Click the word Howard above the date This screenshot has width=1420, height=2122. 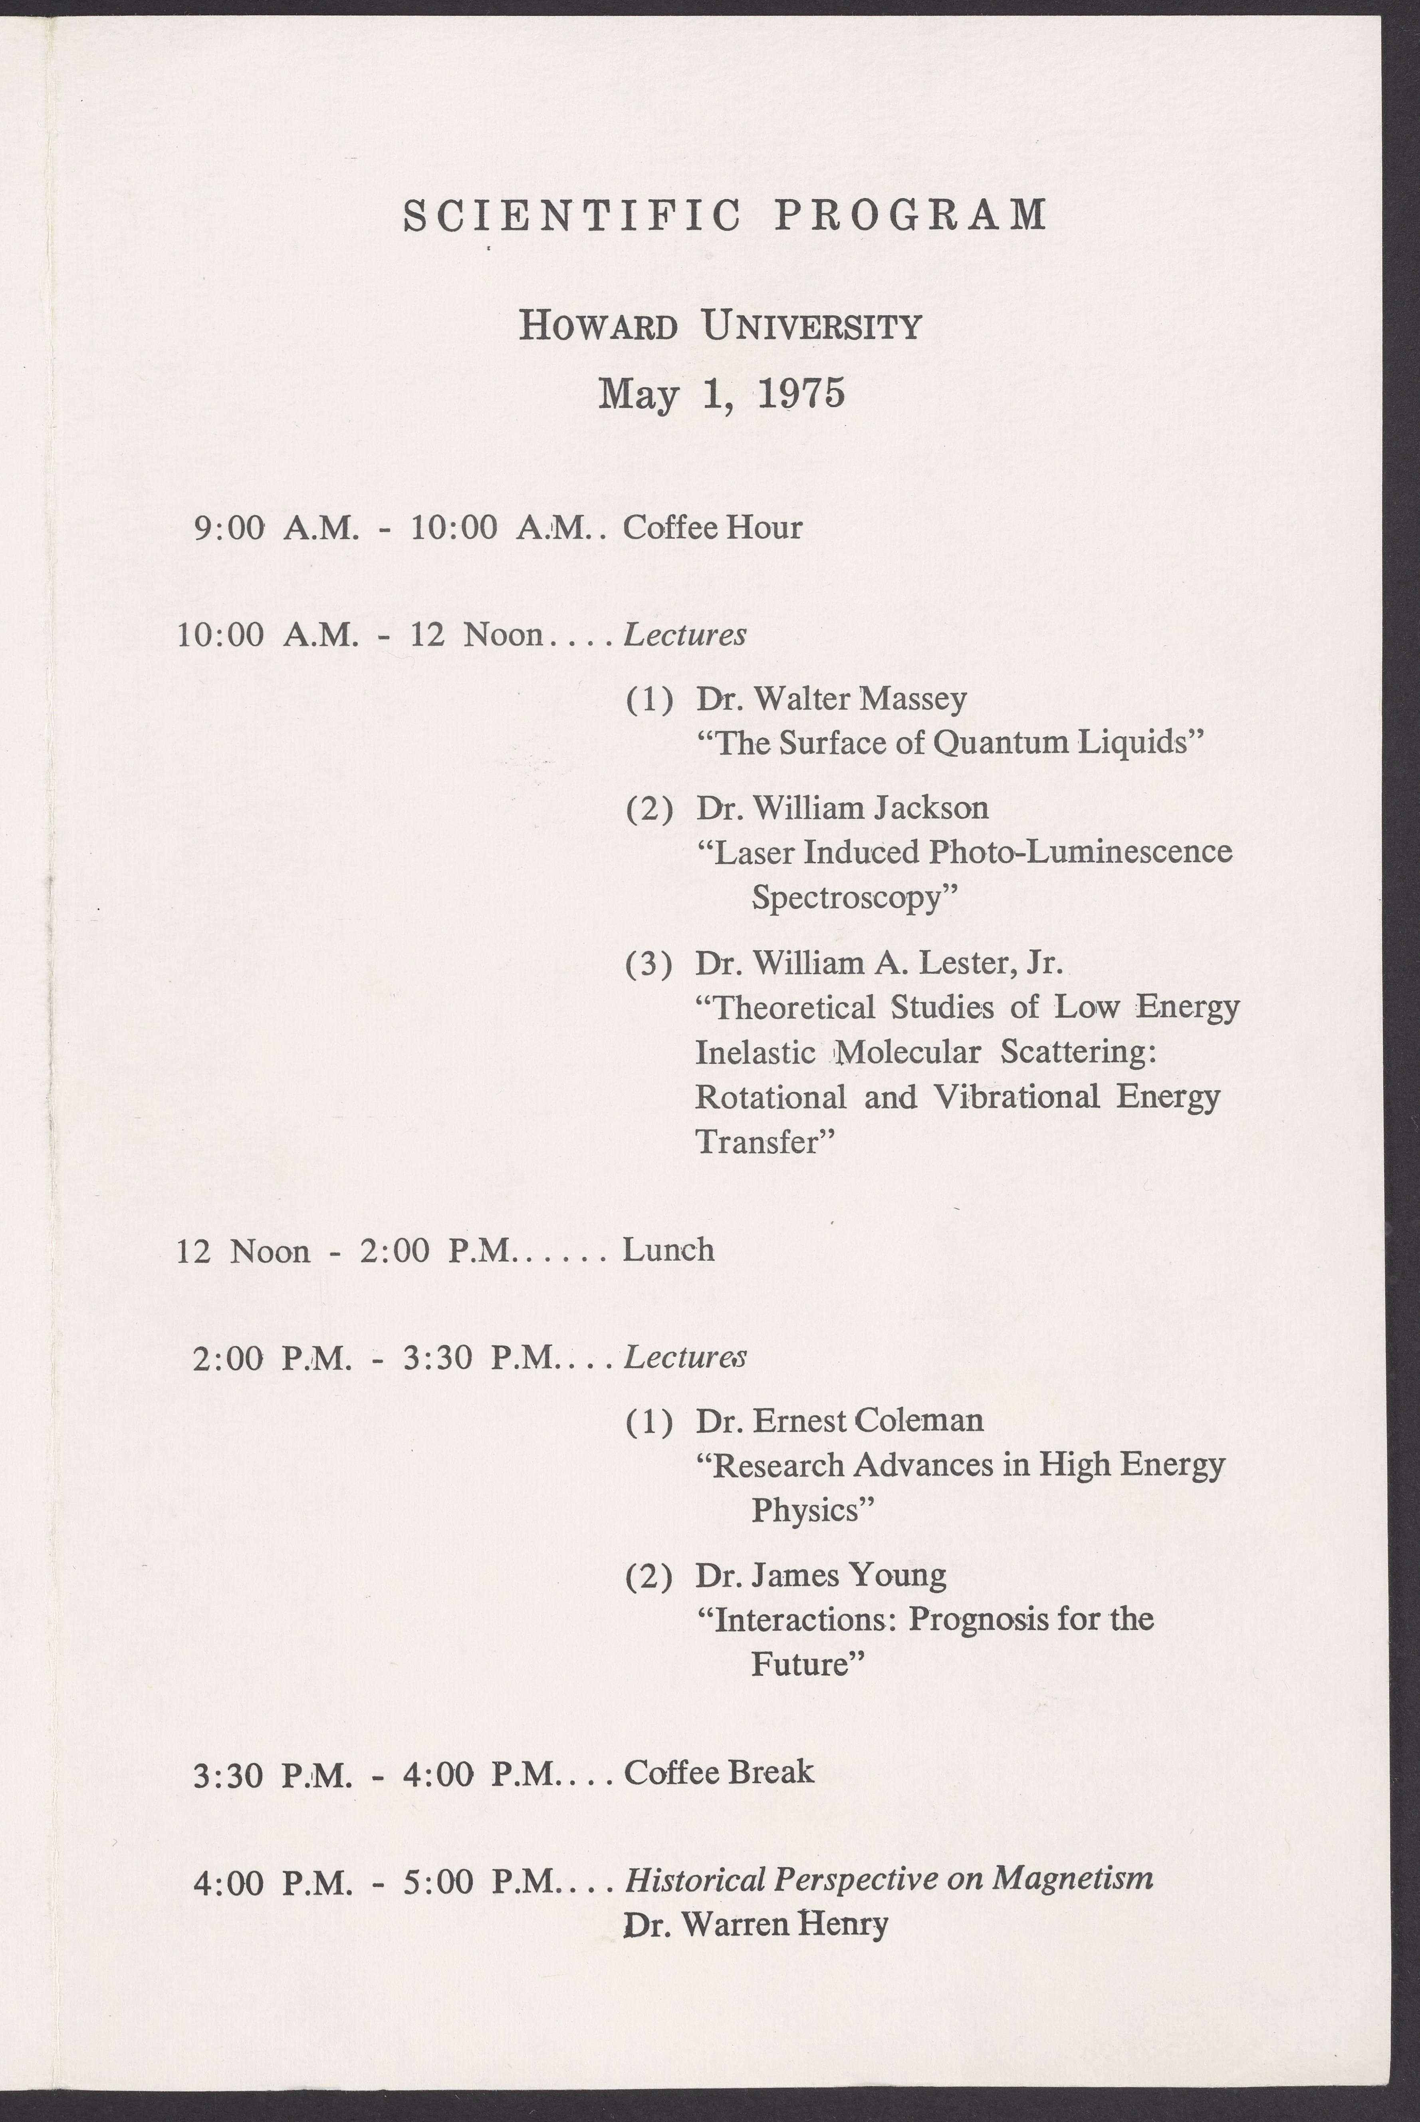point(599,325)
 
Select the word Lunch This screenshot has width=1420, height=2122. point(668,1250)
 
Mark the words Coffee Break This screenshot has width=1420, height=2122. point(719,1772)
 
